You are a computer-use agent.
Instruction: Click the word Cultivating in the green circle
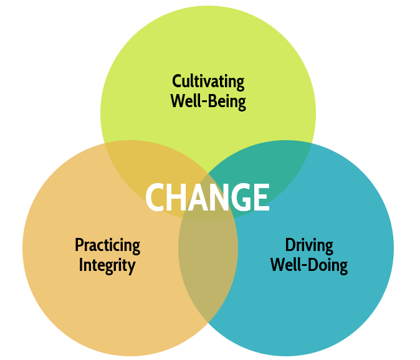(208, 82)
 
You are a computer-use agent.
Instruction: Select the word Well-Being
(208, 101)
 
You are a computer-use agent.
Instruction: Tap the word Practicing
(107, 245)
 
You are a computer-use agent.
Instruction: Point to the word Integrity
(107, 265)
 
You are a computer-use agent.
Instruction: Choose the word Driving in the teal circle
(309, 245)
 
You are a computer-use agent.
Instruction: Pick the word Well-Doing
(309, 265)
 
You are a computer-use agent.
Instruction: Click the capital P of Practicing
(79, 245)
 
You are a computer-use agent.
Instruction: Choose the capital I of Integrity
(81, 265)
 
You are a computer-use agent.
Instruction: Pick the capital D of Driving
(290, 245)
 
